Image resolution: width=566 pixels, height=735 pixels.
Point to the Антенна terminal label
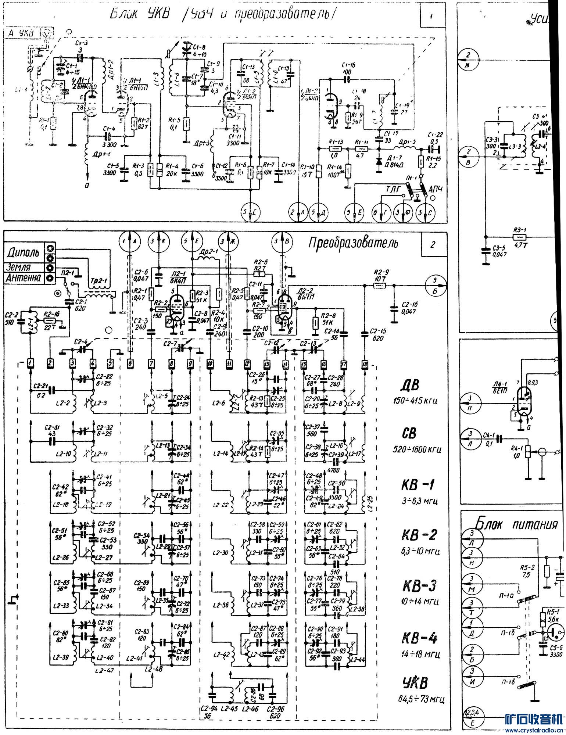pyautogui.click(x=23, y=278)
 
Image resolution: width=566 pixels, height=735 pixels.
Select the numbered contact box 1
pyautogui.click(x=31, y=364)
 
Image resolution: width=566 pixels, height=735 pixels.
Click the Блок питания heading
pyautogui.click(x=517, y=523)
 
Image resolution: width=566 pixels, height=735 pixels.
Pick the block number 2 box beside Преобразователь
pyautogui.click(x=433, y=244)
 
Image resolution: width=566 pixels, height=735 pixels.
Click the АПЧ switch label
pyautogui.click(x=436, y=189)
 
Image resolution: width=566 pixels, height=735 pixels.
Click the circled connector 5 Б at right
pyautogui.click(x=436, y=286)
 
